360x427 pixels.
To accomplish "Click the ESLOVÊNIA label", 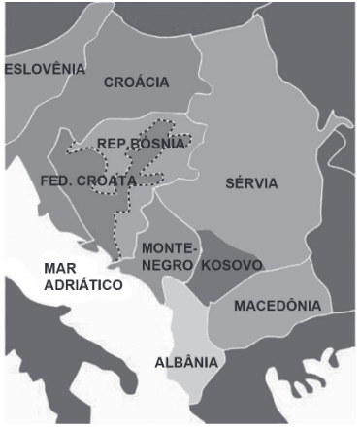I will (x=46, y=69).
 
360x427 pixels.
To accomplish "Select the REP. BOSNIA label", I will (x=141, y=144).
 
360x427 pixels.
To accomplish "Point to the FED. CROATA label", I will (x=88, y=181).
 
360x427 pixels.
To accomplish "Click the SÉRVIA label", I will (x=250, y=182).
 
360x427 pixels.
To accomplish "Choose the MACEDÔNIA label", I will (x=278, y=305).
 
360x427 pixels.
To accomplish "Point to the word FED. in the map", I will (x=57, y=181).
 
